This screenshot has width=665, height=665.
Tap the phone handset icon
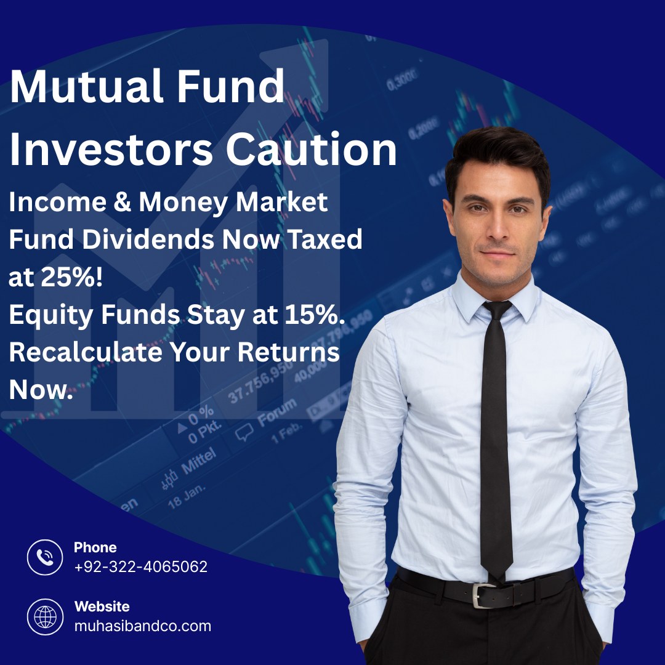[x=45, y=557]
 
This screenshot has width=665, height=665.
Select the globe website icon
[x=45, y=616]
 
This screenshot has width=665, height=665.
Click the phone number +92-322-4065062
[x=140, y=566]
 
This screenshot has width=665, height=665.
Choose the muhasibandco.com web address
[x=142, y=626]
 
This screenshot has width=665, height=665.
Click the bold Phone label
[x=95, y=547]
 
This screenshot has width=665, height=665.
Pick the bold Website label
[x=102, y=607]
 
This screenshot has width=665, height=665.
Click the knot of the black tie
[x=496, y=310]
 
